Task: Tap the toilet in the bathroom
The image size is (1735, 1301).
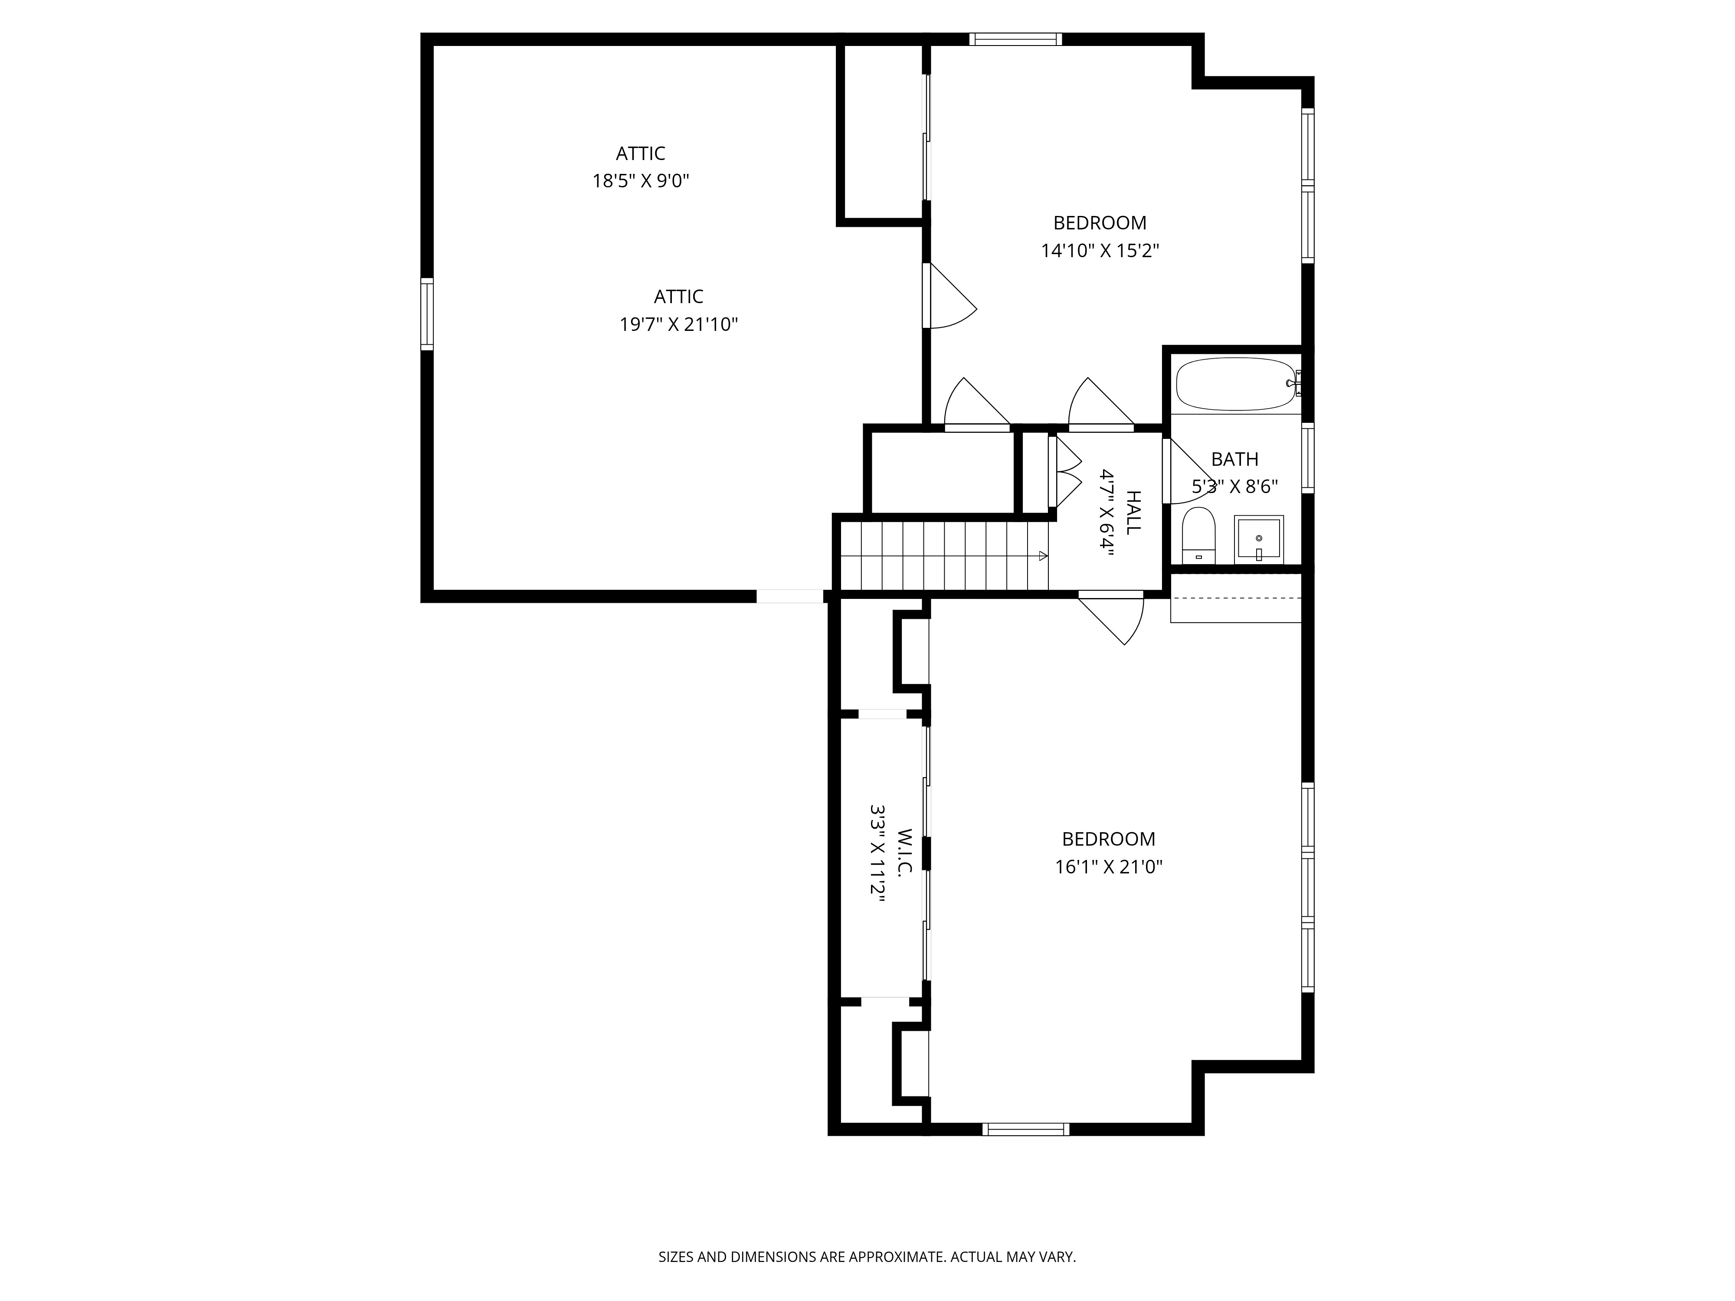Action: (x=1198, y=535)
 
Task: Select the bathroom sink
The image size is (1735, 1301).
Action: (x=1258, y=539)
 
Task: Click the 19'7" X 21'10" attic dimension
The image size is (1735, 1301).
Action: (x=678, y=325)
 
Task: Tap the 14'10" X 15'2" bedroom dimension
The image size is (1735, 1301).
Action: (x=1100, y=251)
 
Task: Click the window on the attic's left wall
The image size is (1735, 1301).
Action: (x=427, y=314)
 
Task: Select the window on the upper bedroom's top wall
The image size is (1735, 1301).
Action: (x=1015, y=39)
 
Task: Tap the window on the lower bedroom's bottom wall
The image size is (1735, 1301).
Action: (x=1025, y=1129)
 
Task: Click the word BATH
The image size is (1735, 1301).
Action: (x=1234, y=459)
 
